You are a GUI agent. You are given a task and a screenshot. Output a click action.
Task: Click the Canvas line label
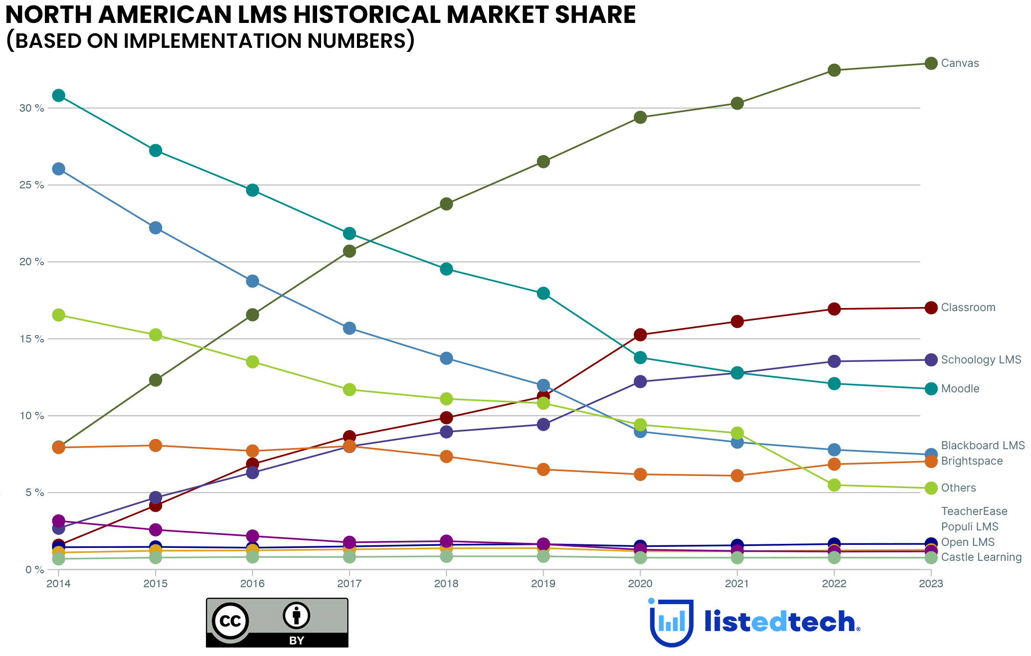coord(960,63)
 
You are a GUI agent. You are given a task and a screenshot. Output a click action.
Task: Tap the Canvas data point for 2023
coord(931,63)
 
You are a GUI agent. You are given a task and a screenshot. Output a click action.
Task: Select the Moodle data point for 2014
coord(59,95)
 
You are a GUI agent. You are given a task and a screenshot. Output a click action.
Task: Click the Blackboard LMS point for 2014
coord(59,169)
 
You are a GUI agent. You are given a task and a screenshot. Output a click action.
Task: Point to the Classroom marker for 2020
coord(640,334)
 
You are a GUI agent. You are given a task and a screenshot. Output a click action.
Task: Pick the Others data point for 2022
coord(834,485)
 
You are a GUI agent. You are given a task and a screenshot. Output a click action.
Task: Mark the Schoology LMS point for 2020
coord(640,382)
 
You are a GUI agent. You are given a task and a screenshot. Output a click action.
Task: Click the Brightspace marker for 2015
coord(156,445)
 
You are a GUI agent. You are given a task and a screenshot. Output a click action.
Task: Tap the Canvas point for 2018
coord(446,204)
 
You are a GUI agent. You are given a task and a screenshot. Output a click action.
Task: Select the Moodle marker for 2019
coord(543,293)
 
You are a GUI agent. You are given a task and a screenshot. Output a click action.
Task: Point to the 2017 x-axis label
coord(349,584)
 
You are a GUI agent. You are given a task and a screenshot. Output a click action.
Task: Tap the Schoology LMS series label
coord(981,360)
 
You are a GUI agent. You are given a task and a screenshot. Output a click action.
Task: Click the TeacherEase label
coord(974,511)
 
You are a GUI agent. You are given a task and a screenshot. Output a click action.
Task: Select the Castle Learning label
coord(981,557)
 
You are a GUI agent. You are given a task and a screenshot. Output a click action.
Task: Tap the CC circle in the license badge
coord(230,621)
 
